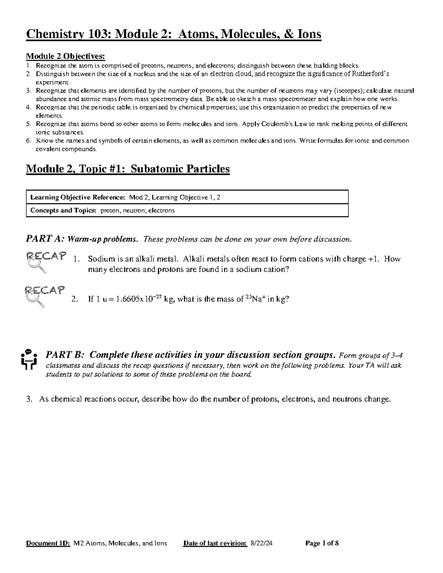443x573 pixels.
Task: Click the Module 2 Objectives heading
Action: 65,56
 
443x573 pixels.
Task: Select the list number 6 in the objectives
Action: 28,141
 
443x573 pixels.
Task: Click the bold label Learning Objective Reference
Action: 78,197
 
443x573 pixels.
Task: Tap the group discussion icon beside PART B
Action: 28,359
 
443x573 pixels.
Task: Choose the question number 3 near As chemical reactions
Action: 29,399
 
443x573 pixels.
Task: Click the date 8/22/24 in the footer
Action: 261,543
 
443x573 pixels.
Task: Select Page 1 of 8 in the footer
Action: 322,543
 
